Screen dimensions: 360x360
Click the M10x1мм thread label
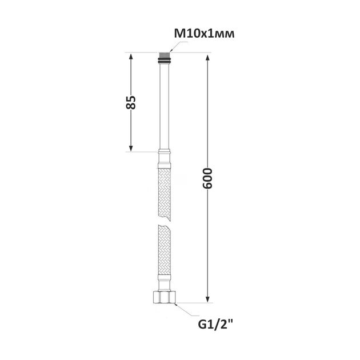[204, 34]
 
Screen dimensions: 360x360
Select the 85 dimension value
[131, 102]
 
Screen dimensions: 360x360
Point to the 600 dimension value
[207, 178]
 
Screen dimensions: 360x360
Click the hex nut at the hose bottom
[165, 297]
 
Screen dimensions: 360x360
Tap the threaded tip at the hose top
[165, 55]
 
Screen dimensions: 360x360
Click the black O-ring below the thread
[165, 61]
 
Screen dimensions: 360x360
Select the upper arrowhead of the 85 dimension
[131, 57]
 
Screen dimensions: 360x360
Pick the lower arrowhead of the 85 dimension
[131, 148]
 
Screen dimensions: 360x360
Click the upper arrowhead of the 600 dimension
[207, 58]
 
